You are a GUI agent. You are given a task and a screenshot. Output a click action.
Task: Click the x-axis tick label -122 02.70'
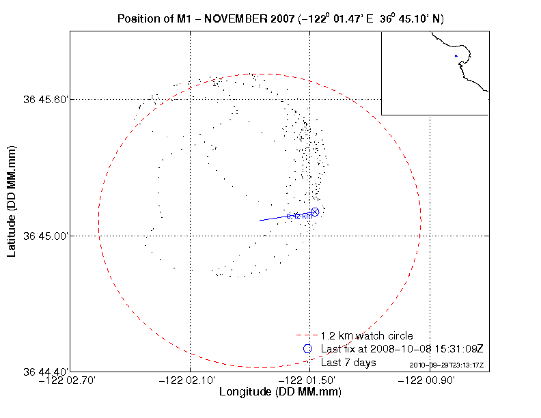[x=70, y=380]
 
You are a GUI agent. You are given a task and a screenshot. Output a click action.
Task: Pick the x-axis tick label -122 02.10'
[x=190, y=380]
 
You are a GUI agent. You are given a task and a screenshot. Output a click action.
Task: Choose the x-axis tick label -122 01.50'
[x=310, y=380]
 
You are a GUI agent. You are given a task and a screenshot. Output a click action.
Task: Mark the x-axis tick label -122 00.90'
[x=430, y=380]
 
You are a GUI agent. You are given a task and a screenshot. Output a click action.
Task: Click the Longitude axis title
[x=280, y=393]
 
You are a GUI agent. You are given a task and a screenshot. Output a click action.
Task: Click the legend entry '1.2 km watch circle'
[x=367, y=336]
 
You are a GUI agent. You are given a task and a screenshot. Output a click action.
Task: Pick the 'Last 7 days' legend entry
[x=348, y=363]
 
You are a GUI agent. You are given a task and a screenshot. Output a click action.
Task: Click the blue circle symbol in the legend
[x=307, y=349]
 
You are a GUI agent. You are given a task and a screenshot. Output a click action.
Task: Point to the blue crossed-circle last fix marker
[x=315, y=212]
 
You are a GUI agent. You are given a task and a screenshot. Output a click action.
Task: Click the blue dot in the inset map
[x=456, y=56]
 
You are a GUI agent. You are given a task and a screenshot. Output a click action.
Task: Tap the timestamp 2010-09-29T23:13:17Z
[x=447, y=366]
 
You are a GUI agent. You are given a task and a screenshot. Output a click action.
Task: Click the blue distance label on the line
[x=299, y=216]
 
